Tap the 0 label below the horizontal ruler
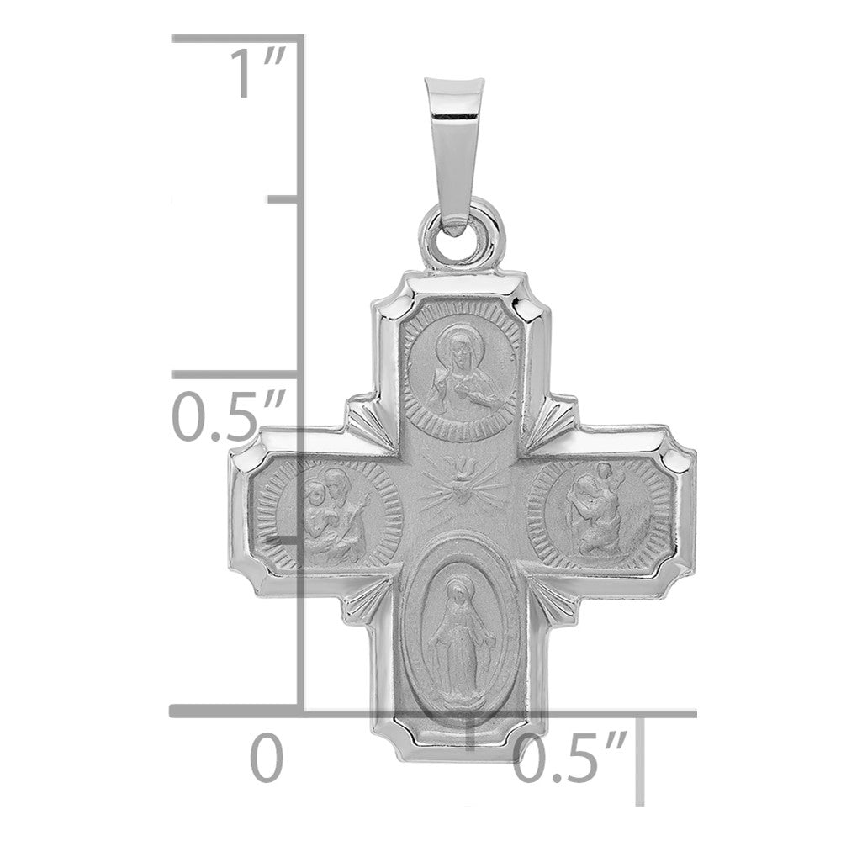[267, 757]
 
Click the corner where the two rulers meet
[303, 714]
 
